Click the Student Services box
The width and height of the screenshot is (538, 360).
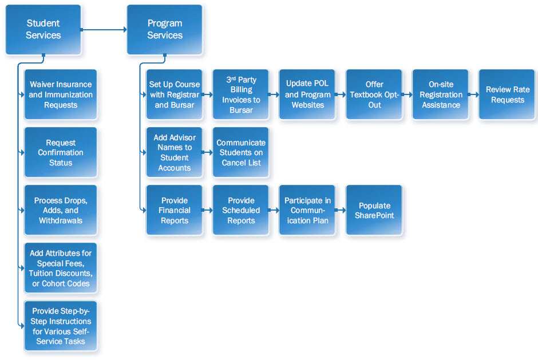43,29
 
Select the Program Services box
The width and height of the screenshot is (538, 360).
165,29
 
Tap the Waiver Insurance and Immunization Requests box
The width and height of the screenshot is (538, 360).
61,94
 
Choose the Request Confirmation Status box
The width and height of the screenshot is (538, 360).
61,152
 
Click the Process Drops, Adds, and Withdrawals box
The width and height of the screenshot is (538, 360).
61,210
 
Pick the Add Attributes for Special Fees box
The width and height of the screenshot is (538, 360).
61,268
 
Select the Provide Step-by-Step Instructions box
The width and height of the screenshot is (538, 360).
61,326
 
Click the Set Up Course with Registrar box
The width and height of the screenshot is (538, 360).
174,94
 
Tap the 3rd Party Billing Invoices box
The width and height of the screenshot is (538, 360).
241,94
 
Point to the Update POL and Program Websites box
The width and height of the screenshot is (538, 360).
307,94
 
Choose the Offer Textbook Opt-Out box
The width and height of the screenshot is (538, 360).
374,94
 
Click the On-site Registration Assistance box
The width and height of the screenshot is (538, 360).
441,94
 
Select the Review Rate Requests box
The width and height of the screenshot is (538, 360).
507,94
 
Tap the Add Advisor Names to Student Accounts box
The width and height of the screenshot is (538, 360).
174,152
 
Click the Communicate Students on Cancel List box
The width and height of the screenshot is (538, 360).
241,152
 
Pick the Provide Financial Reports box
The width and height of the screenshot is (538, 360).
174,210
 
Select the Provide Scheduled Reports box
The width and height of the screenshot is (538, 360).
241,210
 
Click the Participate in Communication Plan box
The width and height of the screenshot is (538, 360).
307,210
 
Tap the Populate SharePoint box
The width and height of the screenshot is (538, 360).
374,210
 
